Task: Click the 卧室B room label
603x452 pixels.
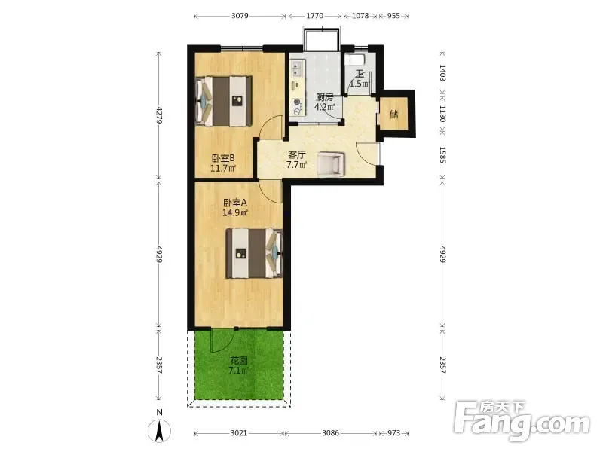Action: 223,158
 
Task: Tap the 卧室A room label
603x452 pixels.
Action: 235,203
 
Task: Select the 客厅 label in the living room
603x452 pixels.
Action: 297,155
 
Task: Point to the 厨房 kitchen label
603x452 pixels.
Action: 325,97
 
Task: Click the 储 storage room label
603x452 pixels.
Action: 393,115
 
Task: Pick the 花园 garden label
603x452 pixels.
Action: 238,361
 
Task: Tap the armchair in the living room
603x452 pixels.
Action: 331,164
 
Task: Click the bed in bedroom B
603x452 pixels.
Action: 224,101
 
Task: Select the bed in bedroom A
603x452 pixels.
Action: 254,253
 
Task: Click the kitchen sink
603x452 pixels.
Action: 296,69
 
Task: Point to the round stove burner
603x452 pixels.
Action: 297,102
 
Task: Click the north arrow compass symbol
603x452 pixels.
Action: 159,431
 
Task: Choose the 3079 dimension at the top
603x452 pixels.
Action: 240,16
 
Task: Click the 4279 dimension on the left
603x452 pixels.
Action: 159,115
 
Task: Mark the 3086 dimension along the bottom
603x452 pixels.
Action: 331,433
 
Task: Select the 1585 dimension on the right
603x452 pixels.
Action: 442,154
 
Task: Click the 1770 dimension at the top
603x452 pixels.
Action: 314,16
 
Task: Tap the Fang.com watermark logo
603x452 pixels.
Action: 522,421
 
